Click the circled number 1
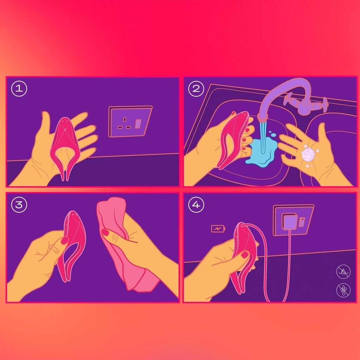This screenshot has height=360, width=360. [x=19, y=88]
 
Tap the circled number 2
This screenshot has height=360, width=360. [x=196, y=88]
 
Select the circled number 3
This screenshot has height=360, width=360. [x=19, y=204]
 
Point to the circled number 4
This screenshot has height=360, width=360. [x=196, y=204]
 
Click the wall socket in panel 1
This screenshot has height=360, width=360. [x=130, y=121]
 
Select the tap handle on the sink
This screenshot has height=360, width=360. [x=306, y=104]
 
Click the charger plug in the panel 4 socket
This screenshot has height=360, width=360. [x=290, y=222]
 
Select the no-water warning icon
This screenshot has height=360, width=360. [x=343, y=272]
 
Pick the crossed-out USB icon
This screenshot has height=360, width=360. [x=343, y=290]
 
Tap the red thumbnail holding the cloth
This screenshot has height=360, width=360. [x=105, y=232]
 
